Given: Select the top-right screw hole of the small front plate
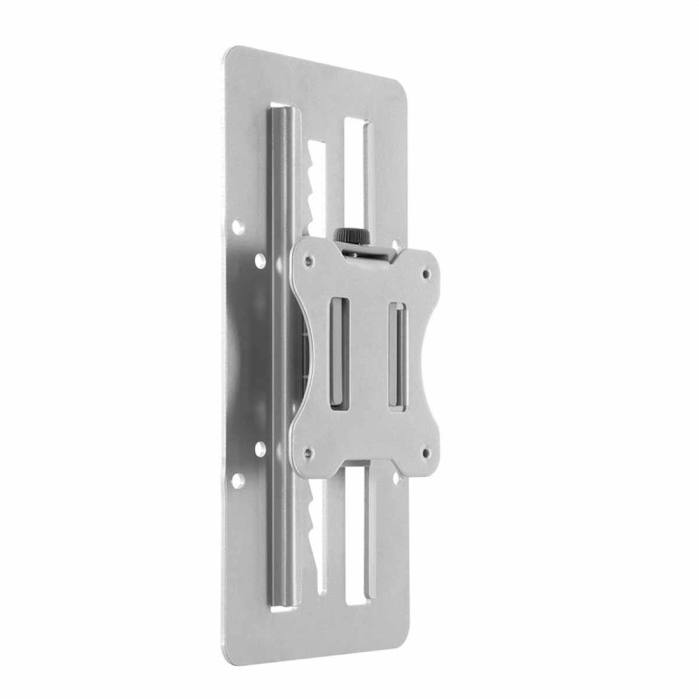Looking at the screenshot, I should (x=426, y=273).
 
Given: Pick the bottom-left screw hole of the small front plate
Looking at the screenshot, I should (x=308, y=453).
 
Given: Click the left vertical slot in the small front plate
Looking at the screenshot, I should (x=337, y=351).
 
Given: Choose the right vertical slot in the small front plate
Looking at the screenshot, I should (x=396, y=356).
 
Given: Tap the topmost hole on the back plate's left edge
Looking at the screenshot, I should (x=237, y=227).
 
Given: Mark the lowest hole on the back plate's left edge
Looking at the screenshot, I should (x=237, y=480).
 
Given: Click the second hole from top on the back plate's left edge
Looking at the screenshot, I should (x=260, y=260).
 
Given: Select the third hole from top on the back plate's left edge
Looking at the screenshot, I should (x=260, y=449).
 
